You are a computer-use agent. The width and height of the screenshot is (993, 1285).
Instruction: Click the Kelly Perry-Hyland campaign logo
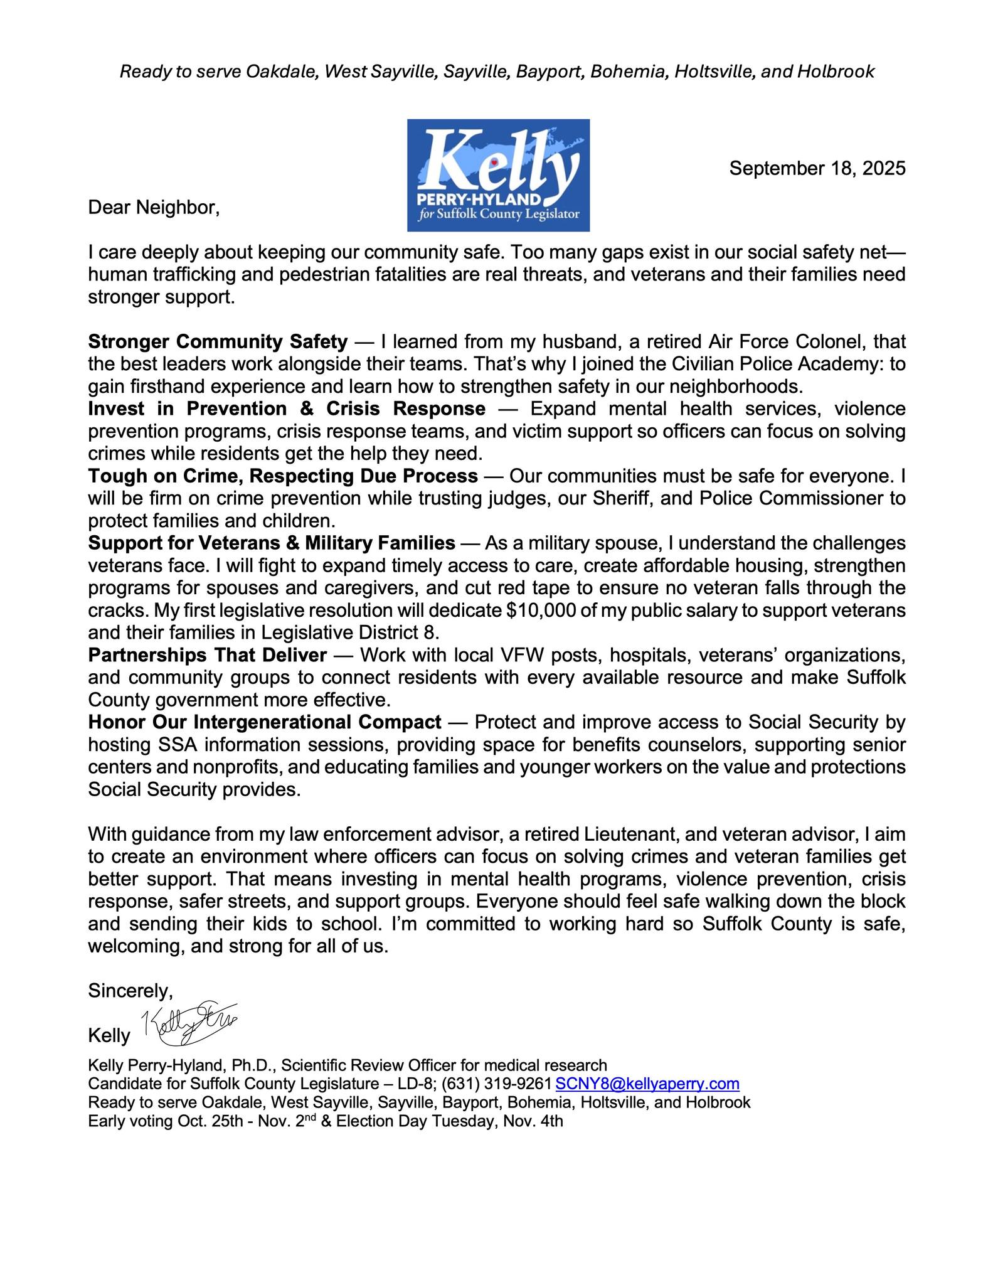pyautogui.click(x=498, y=175)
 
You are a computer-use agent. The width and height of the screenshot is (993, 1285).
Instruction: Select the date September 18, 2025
pyautogui.click(x=817, y=168)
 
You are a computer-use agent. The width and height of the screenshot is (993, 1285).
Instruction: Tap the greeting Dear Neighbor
pyautogui.click(x=154, y=207)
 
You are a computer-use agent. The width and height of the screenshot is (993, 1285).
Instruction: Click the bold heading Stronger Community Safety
pyautogui.click(x=218, y=342)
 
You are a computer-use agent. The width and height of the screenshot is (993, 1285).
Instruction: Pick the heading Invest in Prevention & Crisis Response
pyautogui.click(x=287, y=409)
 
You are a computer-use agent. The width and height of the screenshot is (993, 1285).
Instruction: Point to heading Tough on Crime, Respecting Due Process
pyautogui.click(x=283, y=476)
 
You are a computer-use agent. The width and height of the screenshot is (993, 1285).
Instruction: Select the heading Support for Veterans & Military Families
pyautogui.click(x=272, y=543)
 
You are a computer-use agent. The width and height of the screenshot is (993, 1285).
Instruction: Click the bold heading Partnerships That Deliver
pyautogui.click(x=207, y=655)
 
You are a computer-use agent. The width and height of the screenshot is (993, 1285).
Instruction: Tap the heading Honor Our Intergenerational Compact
pyautogui.click(x=265, y=722)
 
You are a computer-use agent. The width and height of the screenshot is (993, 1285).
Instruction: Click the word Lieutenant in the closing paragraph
pyautogui.click(x=650, y=834)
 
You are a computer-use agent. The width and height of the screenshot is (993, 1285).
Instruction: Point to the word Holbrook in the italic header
pyautogui.click(x=836, y=72)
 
